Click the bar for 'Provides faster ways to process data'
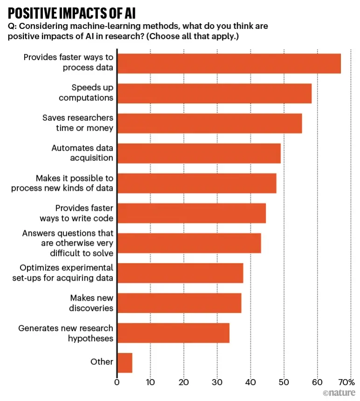(x=228, y=63)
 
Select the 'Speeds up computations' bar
(x=214, y=93)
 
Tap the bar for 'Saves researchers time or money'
(x=209, y=123)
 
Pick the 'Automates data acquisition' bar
(x=199, y=153)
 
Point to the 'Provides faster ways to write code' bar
(x=191, y=213)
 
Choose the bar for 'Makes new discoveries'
(x=179, y=303)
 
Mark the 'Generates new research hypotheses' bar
(x=173, y=333)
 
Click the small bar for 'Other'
(x=125, y=363)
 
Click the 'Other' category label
(x=102, y=362)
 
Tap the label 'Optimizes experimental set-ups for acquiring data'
(x=66, y=273)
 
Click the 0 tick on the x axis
(x=117, y=382)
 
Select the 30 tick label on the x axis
(x=217, y=382)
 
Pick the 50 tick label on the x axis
(x=284, y=382)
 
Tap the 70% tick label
(x=346, y=382)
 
